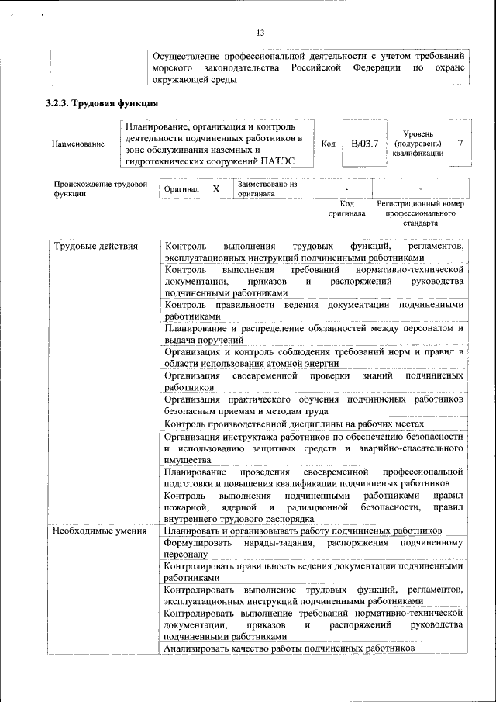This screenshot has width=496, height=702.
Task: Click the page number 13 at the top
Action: click(260, 33)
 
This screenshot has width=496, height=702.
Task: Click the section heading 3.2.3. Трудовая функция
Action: click(102, 104)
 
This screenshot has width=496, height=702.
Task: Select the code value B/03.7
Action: click(363, 144)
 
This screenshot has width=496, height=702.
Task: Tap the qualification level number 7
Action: click(460, 144)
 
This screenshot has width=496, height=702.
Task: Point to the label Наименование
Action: click(77, 144)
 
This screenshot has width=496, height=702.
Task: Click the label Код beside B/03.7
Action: click(327, 144)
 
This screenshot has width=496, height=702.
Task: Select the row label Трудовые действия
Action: click(95, 247)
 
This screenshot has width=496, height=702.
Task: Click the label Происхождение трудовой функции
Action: click(100, 189)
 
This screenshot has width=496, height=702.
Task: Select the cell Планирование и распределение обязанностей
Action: click(314, 334)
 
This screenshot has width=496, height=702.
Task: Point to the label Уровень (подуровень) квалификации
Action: click(418, 144)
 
